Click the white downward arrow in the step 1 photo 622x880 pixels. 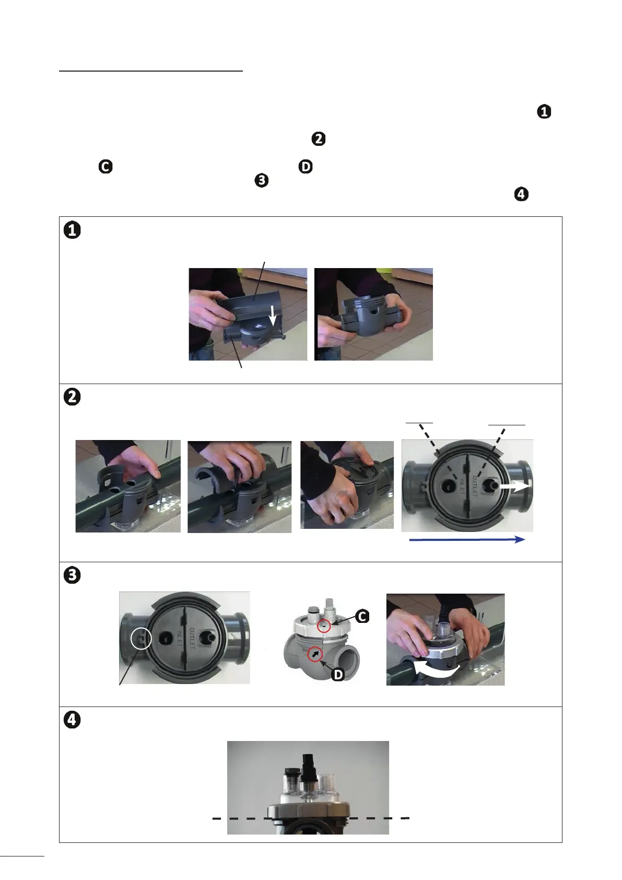click(x=273, y=316)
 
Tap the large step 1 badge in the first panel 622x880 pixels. click(x=72, y=230)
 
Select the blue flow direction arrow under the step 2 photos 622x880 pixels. click(x=467, y=540)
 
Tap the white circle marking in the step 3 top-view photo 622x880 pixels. click(x=141, y=638)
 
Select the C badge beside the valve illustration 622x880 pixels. click(x=362, y=616)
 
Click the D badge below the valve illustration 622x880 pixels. click(x=338, y=675)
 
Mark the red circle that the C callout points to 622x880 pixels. click(x=324, y=626)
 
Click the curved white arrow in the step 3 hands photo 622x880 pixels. click(x=436, y=669)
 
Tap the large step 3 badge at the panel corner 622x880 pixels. click(x=72, y=575)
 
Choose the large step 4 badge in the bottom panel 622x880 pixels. click(x=72, y=720)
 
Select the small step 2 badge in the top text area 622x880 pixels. click(x=319, y=139)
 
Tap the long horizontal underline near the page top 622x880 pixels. click(x=151, y=71)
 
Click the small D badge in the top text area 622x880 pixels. click(x=306, y=167)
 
